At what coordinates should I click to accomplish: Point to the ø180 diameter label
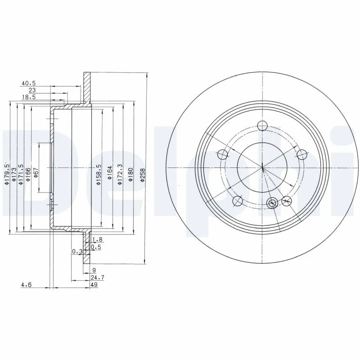pos(130,175)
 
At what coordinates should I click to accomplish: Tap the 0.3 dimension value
pos(76,252)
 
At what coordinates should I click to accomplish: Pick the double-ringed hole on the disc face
pos(271,203)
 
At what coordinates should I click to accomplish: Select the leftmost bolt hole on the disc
pos(222,155)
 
